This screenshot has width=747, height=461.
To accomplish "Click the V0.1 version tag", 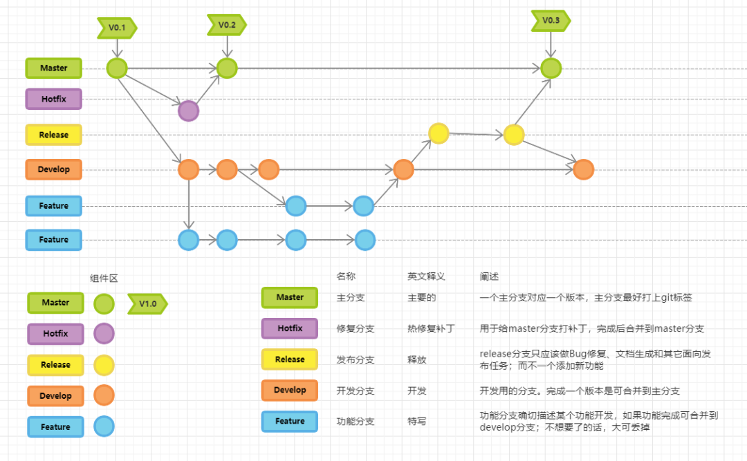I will coord(117,28).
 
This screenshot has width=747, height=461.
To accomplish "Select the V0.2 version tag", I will coord(226,25).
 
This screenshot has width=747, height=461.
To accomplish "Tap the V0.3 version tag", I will coord(551,21).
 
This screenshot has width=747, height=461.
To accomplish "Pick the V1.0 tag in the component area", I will coord(147,303).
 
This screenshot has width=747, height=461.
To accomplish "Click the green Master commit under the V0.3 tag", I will coord(551,68).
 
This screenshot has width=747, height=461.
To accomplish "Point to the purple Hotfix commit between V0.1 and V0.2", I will coord(188,111).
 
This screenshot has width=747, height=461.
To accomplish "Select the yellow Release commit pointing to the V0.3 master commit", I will coord(513,135).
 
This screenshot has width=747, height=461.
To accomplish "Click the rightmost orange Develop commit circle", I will coord(583,169).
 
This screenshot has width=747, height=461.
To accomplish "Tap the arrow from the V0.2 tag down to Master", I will coord(226,46).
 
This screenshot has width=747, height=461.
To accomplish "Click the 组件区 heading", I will coord(104,278).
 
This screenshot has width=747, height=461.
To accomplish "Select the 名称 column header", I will coord(346,276).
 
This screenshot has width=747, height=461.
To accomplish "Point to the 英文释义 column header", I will coord(426,276).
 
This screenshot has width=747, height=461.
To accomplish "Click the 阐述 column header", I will coord(489,276).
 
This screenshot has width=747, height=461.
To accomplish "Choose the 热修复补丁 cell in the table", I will coord(431,328).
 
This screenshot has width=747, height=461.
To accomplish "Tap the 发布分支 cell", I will coord(356,359).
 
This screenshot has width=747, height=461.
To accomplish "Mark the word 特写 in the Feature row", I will coord(417,421).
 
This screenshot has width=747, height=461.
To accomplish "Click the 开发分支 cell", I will coord(356,391).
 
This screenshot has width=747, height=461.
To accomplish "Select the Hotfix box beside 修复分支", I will coord(289,328).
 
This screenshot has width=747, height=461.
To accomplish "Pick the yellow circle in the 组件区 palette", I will coord(104,365).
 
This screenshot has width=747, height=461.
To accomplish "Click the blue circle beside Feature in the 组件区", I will coord(104,426).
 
